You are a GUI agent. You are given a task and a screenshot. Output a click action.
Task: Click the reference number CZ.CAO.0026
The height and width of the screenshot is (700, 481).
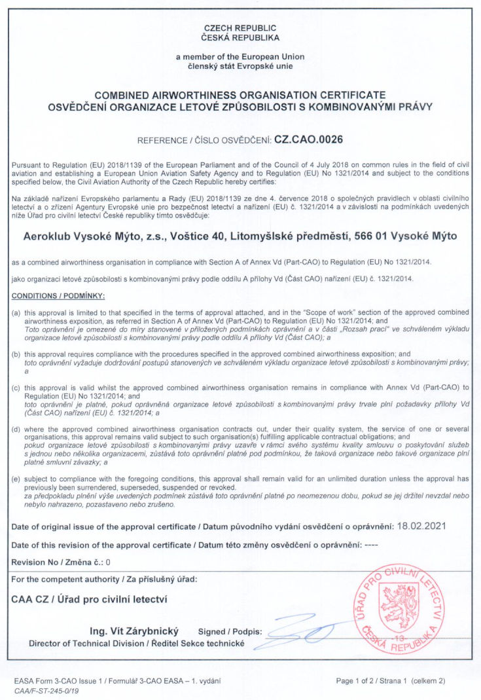[x=308, y=139]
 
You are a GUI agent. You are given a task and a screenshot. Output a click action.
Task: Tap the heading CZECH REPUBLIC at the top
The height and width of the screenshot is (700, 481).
[x=240, y=28]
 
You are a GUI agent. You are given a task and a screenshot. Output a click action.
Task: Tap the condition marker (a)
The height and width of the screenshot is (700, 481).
[x=17, y=312]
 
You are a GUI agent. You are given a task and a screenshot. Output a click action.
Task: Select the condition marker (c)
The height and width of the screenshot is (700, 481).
[x=17, y=387]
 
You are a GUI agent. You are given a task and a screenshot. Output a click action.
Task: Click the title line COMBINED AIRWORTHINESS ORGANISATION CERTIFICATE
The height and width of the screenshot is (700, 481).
[x=240, y=95]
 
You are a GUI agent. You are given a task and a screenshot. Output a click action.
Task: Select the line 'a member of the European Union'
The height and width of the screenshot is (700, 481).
[x=240, y=58]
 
